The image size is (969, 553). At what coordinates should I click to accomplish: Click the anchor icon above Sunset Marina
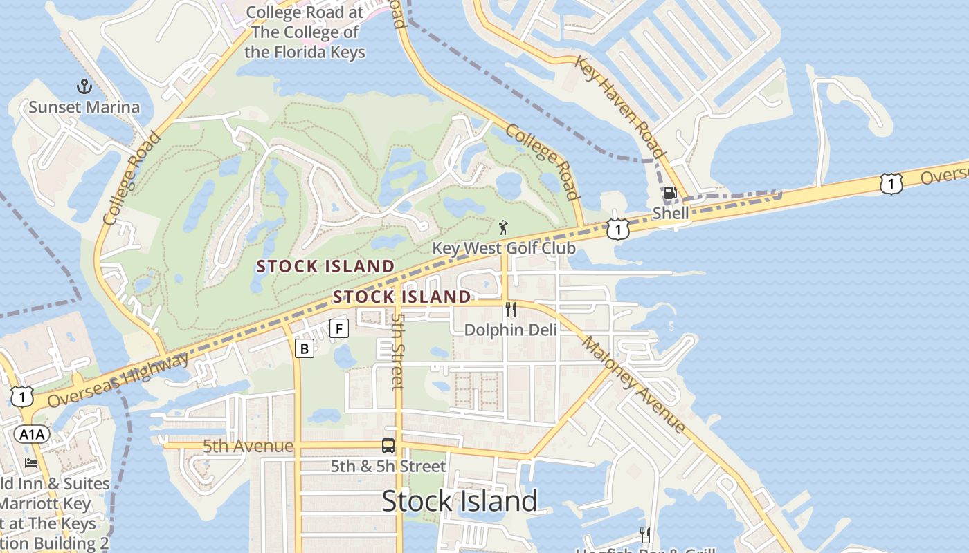[84, 87]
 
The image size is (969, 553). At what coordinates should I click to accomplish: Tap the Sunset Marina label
[84, 107]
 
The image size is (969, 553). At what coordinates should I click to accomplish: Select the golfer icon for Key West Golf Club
[503, 227]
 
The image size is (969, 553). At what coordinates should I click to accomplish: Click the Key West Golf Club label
[503, 248]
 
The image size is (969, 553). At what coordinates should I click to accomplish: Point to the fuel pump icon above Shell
[670, 194]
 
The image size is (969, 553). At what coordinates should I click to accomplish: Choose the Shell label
[671, 213]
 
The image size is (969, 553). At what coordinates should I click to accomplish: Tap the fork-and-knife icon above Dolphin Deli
[511, 310]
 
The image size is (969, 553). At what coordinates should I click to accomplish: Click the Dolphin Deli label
[510, 330]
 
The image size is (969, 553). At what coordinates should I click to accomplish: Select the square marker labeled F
[338, 328]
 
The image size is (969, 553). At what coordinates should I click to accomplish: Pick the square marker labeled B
[304, 348]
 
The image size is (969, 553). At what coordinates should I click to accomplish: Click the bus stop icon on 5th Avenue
[388, 446]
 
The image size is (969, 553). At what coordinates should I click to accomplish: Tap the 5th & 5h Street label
[388, 466]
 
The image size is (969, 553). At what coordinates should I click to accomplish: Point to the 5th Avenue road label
[248, 447]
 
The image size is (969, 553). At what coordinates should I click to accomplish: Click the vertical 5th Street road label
[397, 350]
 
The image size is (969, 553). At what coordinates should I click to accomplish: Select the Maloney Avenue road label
[634, 384]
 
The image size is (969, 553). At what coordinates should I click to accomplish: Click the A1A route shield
[32, 434]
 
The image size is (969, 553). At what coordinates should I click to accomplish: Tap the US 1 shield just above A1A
[22, 396]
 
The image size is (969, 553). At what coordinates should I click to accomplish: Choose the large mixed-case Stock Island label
[460, 501]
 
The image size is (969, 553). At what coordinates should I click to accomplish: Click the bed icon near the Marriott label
[31, 462]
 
